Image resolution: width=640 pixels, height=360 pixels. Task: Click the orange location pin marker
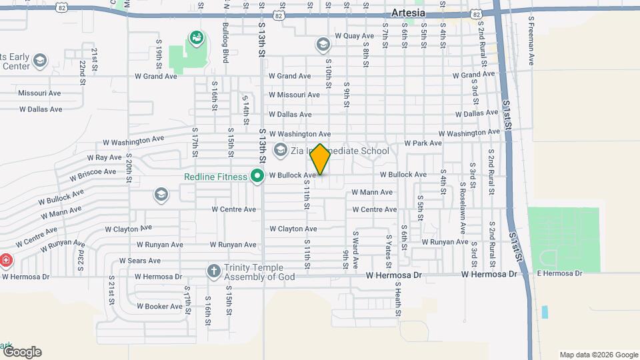click(321, 159)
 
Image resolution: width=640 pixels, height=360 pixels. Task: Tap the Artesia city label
click(408, 13)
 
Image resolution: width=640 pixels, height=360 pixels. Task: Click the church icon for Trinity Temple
click(214, 271)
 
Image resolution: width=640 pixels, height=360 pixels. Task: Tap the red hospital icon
click(5, 259)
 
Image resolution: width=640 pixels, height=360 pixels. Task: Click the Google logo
click(21, 352)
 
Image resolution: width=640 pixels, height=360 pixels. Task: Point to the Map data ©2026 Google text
click(599, 355)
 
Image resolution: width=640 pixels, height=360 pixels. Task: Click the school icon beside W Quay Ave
click(323, 45)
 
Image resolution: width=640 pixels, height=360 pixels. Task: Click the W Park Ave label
click(423, 143)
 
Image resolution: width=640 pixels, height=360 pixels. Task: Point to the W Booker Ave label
click(159, 307)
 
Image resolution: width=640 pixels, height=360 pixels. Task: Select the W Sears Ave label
click(139, 261)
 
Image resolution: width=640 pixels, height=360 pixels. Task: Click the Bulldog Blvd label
click(226, 44)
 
